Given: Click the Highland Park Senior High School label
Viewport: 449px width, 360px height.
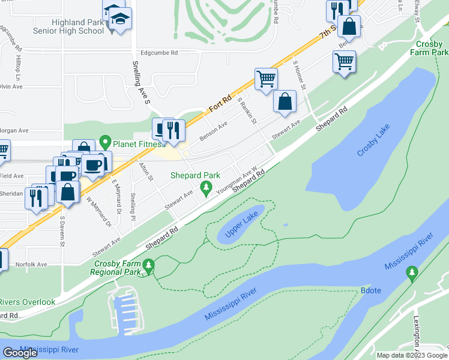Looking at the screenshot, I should point(78,26).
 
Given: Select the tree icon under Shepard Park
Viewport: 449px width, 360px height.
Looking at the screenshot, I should point(206,189).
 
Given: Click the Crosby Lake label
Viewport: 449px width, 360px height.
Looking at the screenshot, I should point(374,141).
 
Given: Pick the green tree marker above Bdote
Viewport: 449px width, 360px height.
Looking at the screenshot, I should point(411,274).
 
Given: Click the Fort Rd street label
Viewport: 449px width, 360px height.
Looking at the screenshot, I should point(220,107).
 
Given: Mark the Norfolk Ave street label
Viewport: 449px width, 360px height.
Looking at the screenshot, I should point(31,264).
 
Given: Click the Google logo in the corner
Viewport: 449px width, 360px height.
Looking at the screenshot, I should point(20,353).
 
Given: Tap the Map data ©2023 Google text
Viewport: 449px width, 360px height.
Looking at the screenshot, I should point(412,355).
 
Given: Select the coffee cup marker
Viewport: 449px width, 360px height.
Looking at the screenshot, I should point(92,165).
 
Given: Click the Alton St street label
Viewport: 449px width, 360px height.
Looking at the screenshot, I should point(146,171).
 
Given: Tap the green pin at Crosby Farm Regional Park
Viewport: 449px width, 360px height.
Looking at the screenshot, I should point(148,265).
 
